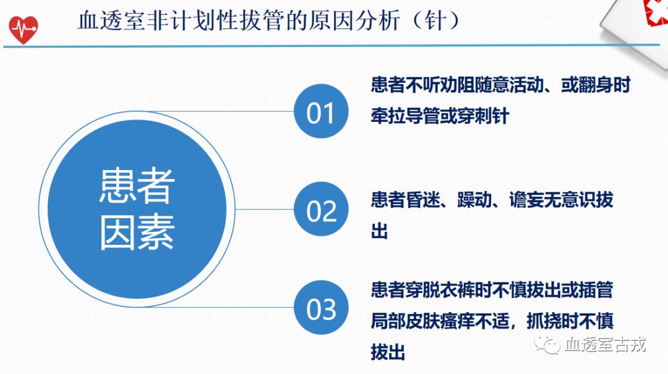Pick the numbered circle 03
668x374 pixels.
click(320, 308)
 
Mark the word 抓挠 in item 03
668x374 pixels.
click(544, 321)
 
